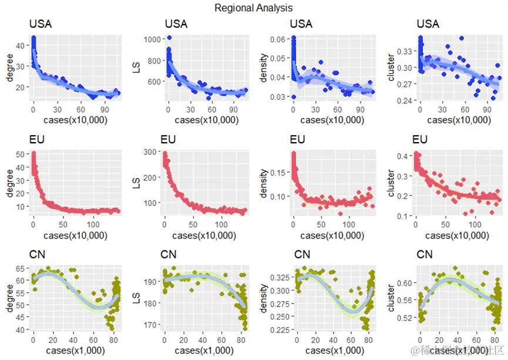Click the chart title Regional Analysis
253,8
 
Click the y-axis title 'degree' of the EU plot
8,183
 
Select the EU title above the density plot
298,140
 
